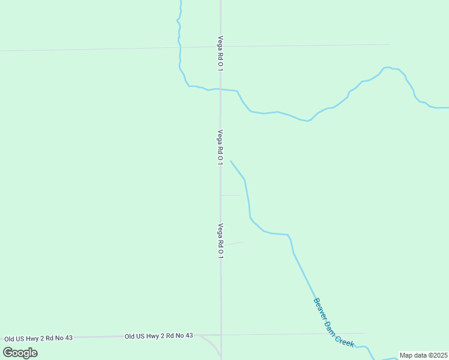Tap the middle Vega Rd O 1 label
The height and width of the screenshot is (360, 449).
pyautogui.click(x=220, y=148)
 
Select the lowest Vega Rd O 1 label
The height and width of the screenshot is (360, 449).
pyautogui.click(x=220, y=241)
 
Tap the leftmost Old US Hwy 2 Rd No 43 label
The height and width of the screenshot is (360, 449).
pyautogui.click(x=38, y=338)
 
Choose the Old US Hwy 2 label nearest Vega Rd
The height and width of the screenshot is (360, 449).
pyautogui.click(x=159, y=335)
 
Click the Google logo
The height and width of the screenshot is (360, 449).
pyautogui.click(x=20, y=352)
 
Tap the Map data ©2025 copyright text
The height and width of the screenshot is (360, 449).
pyautogui.click(x=424, y=355)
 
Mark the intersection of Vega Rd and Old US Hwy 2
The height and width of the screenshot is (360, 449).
pyautogui.click(x=221, y=335)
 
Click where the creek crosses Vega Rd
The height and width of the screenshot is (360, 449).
pyautogui.click(x=220, y=89)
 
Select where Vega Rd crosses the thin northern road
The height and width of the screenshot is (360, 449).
pyautogui.click(x=220, y=46)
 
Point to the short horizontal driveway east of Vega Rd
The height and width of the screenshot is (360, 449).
pyautogui.click(x=231, y=195)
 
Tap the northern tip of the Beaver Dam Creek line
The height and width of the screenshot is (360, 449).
pyautogui.click(x=231, y=161)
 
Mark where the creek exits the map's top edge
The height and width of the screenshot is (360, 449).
pyautogui.click(x=181, y=1)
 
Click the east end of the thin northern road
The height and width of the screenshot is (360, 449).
pyautogui.click(x=390, y=44)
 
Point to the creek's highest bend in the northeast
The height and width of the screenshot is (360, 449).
pyautogui.click(x=387, y=67)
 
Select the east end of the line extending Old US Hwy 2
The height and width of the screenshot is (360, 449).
pyautogui.click(x=365, y=333)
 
